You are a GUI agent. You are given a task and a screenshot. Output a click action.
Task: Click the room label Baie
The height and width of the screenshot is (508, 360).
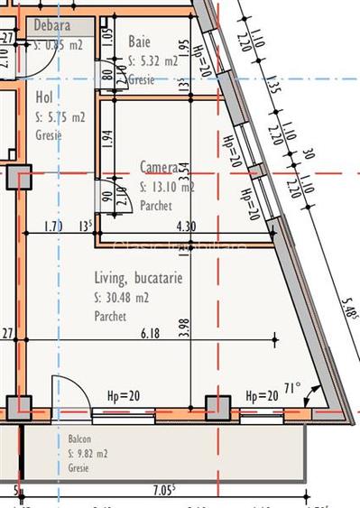[140, 42]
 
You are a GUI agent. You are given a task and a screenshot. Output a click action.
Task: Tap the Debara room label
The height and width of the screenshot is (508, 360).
[51, 25]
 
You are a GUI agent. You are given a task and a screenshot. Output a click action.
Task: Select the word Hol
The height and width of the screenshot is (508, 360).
[44, 97]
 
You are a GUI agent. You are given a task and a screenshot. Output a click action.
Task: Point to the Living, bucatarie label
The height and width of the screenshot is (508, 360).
[138, 278]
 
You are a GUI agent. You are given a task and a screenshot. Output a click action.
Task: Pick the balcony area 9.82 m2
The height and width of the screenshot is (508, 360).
[88, 453]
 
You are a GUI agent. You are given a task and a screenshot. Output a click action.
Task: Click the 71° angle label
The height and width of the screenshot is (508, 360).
[293, 389]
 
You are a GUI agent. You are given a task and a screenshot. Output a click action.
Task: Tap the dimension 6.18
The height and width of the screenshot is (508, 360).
[151, 334]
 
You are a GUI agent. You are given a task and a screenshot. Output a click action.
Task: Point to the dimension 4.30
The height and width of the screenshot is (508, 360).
[185, 226]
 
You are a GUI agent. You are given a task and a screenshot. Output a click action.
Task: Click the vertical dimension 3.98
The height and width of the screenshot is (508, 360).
[185, 328]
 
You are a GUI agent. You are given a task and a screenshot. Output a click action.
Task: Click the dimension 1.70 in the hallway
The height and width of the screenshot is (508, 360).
[53, 226]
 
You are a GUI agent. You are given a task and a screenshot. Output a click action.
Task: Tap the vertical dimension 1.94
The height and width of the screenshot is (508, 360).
[107, 138]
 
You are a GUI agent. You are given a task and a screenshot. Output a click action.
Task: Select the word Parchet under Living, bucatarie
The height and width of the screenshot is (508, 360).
[110, 317]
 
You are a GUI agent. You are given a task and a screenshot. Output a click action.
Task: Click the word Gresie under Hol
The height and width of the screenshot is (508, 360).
[49, 135]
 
